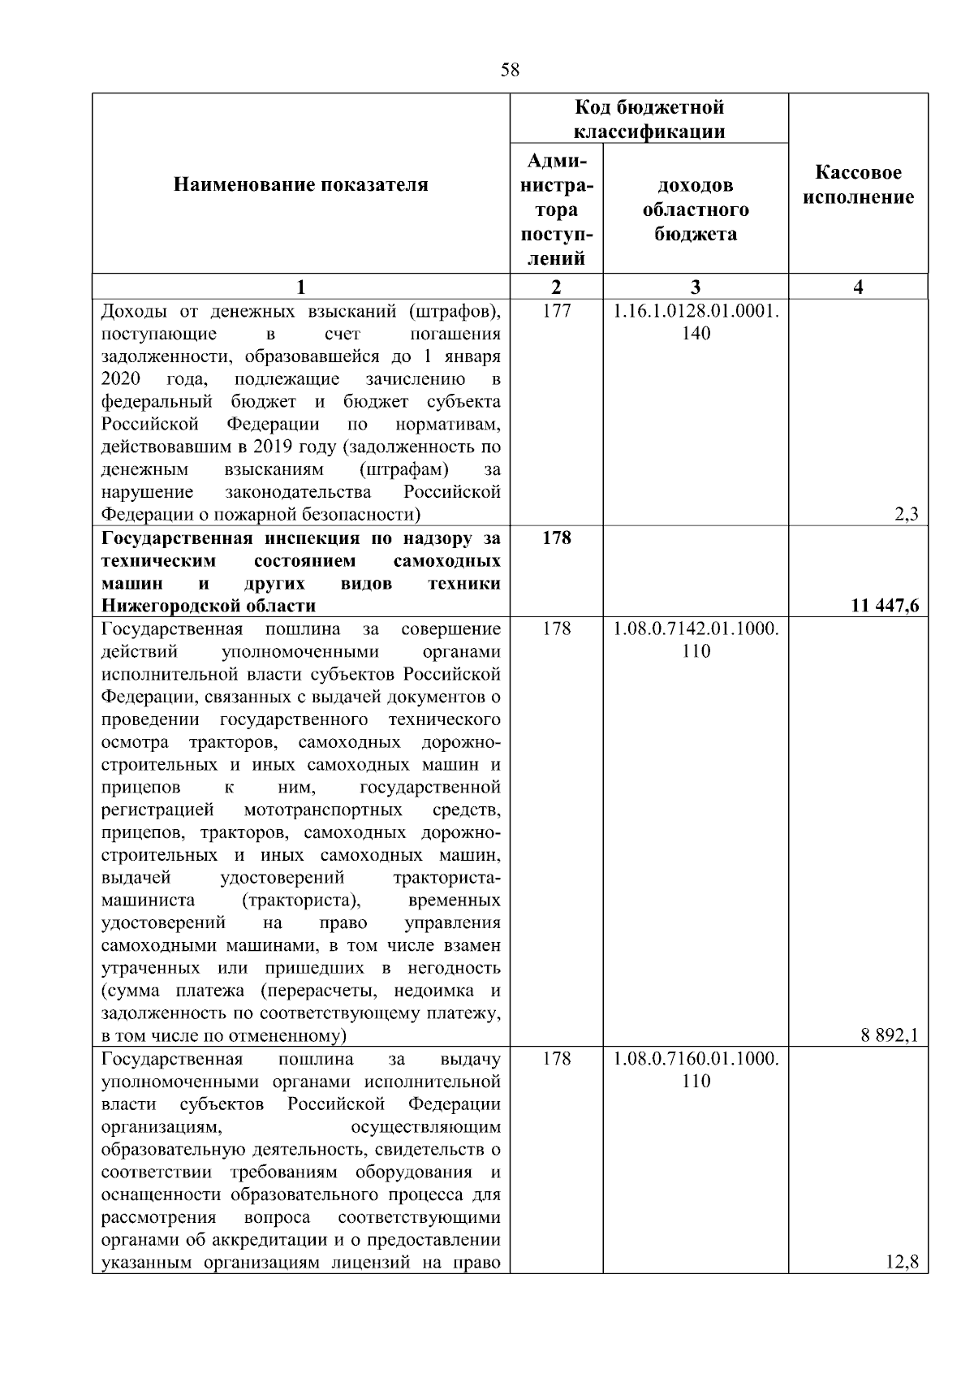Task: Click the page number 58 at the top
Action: tap(510, 70)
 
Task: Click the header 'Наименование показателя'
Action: tap(300, 185)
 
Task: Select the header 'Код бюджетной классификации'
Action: tap(649, 119)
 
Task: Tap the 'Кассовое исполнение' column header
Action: tap(859, 185)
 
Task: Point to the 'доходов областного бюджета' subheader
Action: tap(696, 210)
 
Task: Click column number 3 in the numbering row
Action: tap(696, 287)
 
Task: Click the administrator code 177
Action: tap(556, 311)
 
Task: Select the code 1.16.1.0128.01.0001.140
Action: tap(696, 322)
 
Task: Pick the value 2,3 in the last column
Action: tap(907, 515)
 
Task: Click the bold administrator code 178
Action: tap(556, 538)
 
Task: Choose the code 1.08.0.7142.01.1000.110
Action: tap(696, 640)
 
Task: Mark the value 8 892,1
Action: tap(890, 1035)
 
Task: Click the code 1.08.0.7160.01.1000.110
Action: tap(696, 1070)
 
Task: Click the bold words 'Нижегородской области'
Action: tap(209, 606)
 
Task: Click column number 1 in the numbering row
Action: tap(300, 287)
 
